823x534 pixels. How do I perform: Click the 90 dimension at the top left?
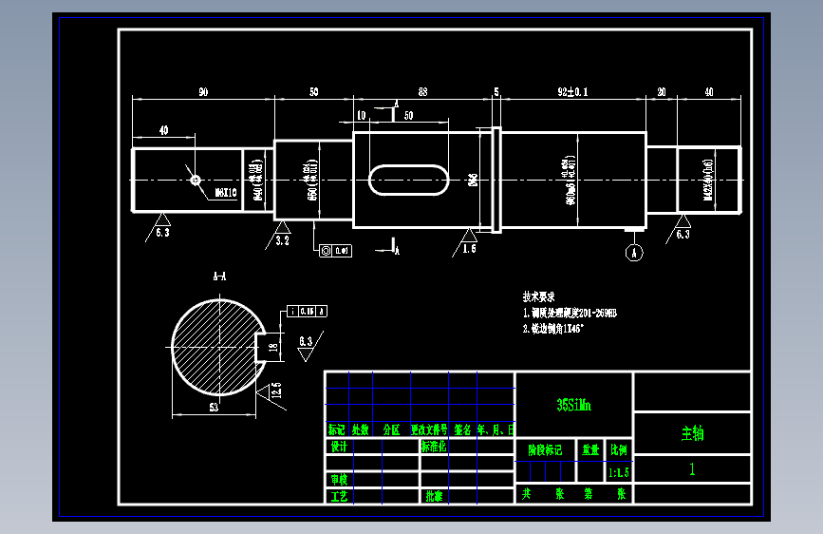pos(203,91)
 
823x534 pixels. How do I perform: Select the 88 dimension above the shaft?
pos(422,91)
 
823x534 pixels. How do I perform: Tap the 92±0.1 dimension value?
pos(572,91)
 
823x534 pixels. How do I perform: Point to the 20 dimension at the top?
pos(661,91)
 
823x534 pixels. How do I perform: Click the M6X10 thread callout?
pos(225,191)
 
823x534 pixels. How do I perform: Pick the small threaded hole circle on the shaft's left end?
pos(196,179)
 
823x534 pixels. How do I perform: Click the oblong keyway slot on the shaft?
pos(409,180)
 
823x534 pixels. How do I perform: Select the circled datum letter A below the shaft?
pos(634,252)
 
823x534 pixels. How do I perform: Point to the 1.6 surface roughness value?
pos(469,249)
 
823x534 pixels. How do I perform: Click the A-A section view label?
pos(219,277)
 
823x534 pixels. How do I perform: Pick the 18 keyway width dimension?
pos(273,347)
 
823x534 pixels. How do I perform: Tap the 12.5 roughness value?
pos(275,390)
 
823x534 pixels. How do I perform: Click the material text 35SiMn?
pos(573,405)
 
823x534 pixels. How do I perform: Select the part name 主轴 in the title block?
pos(692,434)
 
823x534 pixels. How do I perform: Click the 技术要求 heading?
pos(538,296)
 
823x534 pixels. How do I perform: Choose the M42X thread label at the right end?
pos(708,181)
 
